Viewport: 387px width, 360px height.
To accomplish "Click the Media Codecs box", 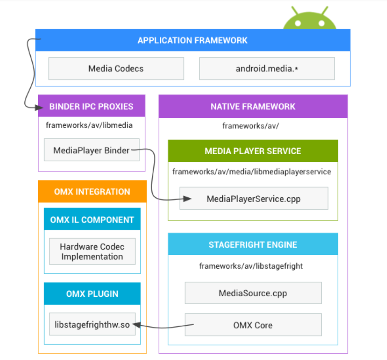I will point(116,68).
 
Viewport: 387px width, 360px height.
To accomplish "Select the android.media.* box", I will point(267,68).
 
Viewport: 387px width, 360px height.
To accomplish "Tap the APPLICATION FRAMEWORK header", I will point(192,40).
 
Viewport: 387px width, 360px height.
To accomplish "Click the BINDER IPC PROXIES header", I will point(91,106).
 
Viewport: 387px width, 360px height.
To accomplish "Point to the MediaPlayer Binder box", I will point(91,150).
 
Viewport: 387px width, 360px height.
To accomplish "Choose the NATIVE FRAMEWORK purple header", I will point(253,106).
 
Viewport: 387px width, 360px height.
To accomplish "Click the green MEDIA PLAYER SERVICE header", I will point(253,151).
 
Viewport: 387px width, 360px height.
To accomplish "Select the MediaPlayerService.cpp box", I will point(254,199).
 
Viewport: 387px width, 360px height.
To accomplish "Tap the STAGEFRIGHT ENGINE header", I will point(253,244).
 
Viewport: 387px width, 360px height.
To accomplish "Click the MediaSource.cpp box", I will point(253,293).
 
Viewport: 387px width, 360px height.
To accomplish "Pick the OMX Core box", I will point(253,325).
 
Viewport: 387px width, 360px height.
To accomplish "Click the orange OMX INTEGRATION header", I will point(92,192).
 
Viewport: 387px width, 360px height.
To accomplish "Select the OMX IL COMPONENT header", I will point(92,219).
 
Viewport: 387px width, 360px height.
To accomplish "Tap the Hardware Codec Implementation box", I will point(92,251).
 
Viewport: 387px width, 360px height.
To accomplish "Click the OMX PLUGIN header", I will point(92,294).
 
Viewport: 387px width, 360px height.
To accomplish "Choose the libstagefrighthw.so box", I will point(92,324).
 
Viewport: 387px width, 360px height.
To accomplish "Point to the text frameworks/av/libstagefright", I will point(251,266).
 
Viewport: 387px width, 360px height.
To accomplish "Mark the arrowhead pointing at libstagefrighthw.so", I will point(138,324).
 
